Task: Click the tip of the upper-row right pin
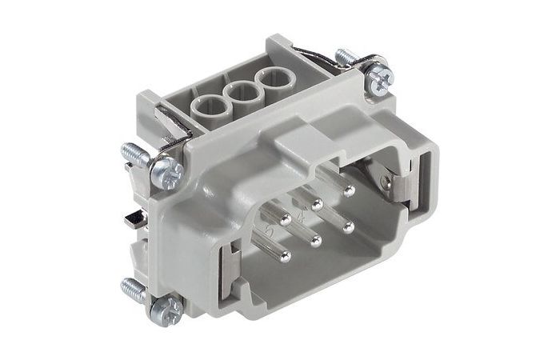348,193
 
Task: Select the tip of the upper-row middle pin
317,204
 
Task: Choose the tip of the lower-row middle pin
317,241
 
